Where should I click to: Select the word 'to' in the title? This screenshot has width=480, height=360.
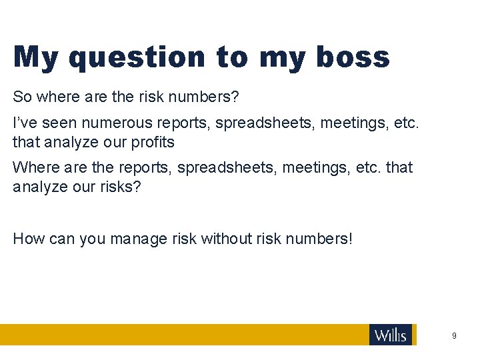coord(232,57)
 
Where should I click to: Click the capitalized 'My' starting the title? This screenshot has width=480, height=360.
coord(35,58)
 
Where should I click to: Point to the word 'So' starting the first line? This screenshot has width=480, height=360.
coord(22,97)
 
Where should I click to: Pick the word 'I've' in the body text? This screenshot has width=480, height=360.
coord(25,123)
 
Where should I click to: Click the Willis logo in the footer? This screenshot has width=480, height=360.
coord(391,335)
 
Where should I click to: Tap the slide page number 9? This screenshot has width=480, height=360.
coord(454,336)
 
